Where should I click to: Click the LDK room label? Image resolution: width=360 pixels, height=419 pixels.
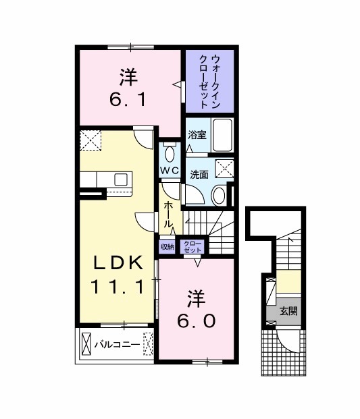118,263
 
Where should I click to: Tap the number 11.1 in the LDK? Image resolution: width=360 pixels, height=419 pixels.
118,286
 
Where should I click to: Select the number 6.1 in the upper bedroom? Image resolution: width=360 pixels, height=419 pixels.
128,99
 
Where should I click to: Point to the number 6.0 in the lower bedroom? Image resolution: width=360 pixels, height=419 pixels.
196,320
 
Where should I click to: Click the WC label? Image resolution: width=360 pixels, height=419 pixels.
170,171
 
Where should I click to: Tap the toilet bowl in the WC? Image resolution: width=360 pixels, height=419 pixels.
170,154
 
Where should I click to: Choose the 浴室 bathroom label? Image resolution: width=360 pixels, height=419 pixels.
197,135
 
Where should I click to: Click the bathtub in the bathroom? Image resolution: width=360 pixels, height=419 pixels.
222,135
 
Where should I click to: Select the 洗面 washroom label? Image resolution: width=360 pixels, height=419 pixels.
199,175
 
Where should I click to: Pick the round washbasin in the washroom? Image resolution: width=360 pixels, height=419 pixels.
219,195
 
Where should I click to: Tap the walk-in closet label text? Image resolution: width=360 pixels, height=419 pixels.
210,81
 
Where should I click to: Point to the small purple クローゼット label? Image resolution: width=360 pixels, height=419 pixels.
192,247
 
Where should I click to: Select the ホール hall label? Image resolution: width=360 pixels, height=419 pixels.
168,215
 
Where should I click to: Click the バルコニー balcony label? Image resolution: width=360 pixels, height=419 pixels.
117,345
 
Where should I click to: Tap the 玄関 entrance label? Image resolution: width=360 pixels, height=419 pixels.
288,311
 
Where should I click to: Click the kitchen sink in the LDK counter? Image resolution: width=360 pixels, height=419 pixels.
121,179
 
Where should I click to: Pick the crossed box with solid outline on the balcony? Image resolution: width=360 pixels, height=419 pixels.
86,344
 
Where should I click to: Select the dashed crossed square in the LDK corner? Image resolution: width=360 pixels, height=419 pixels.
91,140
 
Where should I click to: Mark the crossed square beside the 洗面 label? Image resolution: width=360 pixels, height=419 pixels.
224,168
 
